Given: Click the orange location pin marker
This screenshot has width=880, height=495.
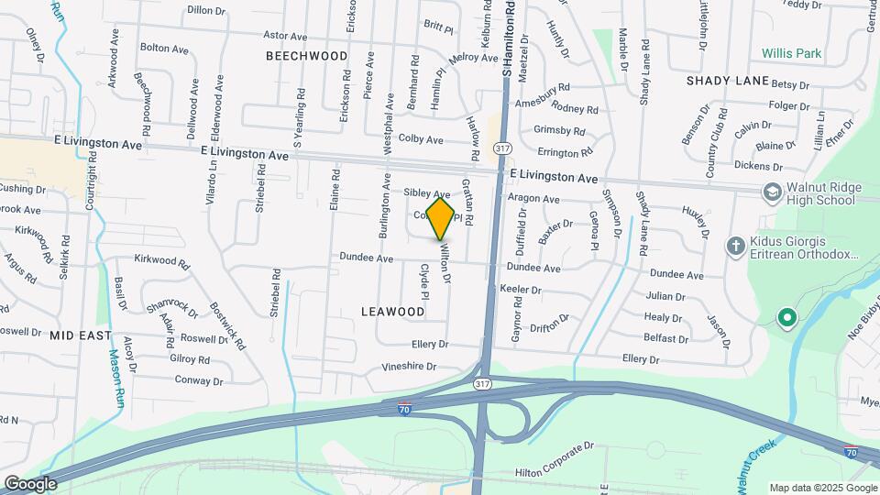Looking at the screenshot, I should point(441,219).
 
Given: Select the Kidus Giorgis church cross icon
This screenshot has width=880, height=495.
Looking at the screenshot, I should point(734,246).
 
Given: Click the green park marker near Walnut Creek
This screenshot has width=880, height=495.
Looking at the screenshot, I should point(786,318).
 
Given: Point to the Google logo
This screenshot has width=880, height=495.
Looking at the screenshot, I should point(30,483).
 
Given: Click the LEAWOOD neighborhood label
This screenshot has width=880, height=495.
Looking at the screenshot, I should point(392,312).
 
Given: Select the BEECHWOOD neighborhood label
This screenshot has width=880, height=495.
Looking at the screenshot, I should point(307,56).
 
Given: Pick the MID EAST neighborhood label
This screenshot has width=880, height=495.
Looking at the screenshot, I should point(81,335).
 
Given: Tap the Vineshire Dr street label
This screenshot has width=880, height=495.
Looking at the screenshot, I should point(409,366).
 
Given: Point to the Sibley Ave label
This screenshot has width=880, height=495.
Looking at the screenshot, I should point(427,194).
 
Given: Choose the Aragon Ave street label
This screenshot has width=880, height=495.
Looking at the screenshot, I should point(534,198).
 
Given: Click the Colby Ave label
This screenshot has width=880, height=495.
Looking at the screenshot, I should point(421,139).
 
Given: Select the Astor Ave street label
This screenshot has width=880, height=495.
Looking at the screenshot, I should point(284,36).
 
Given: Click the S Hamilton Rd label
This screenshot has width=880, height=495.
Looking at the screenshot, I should point(507,37).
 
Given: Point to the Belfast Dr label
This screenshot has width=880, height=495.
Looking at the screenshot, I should point(665,337).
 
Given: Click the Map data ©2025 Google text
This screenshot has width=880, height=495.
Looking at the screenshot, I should point(822,488).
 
